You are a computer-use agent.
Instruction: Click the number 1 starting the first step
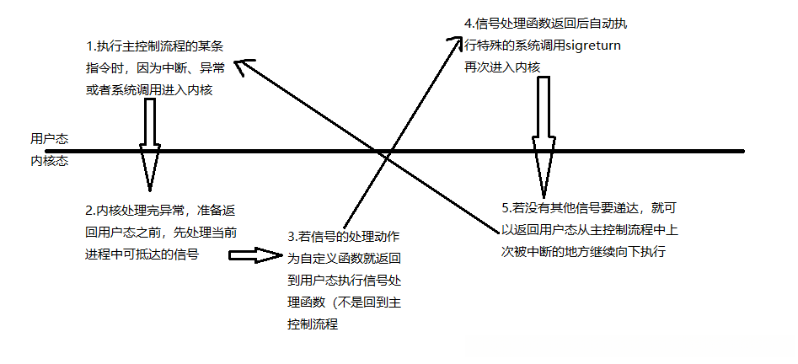[90, 45]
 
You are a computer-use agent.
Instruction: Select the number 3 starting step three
[291, 237]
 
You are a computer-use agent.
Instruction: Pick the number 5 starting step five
[503, 206]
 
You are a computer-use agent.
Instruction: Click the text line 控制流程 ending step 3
[313, 324]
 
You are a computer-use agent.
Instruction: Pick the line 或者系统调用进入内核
[148, 90]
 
